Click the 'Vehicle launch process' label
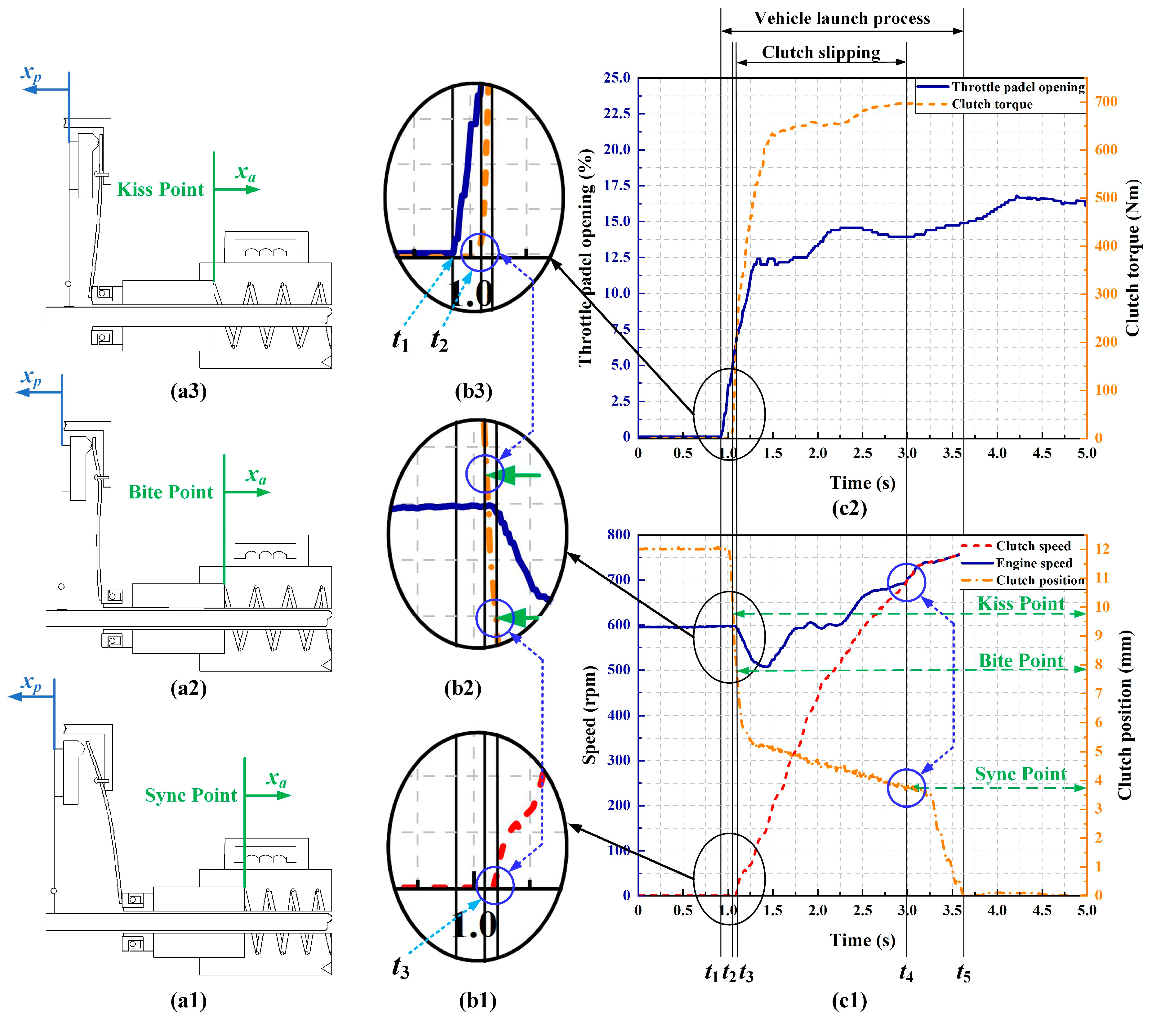842,19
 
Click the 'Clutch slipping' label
820,53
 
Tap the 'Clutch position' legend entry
1039,580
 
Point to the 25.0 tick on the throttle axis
616,78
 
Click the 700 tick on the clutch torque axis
1106,102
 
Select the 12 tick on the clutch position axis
1102,548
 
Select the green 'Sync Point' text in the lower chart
1020,774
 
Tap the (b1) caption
478,1001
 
